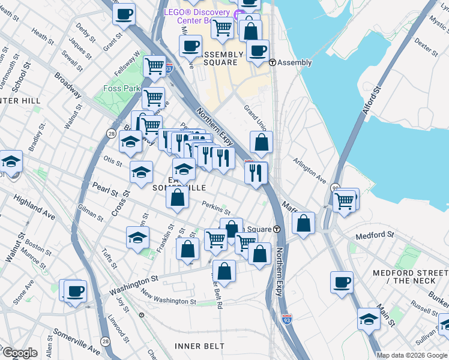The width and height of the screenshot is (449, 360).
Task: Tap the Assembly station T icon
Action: (x=272, y=62)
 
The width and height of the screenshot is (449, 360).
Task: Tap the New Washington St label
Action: (x=168, y=298)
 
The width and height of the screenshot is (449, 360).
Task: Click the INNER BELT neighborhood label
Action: (x=199, y=346)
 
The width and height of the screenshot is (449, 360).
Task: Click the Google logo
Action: (x=19, y=353)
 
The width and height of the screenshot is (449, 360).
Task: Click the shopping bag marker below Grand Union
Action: (x=261, y=143)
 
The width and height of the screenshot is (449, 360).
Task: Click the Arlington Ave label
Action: (x=310, y=170)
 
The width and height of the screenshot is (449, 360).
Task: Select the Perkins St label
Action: (x=216, y=208)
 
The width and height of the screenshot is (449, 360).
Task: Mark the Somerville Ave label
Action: (x=76, y=341)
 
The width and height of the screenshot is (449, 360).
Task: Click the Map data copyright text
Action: (x=412, y=355)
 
